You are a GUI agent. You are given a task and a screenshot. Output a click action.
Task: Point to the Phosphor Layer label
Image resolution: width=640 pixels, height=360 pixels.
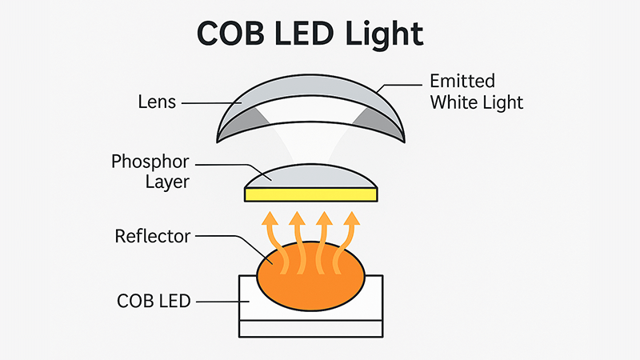coord(151,170)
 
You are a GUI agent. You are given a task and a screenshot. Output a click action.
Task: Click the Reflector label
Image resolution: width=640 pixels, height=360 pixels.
coord(152,236)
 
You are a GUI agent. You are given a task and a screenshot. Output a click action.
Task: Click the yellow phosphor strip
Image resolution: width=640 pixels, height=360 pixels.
coord(310,194)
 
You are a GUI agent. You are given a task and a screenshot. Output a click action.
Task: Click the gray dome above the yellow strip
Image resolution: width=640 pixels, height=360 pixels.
coord(310,176)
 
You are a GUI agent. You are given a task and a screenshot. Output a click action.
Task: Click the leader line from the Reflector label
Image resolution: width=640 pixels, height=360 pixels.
coord(232,238)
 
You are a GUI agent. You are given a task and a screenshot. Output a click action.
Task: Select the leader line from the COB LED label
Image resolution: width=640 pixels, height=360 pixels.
coord(216,302)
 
